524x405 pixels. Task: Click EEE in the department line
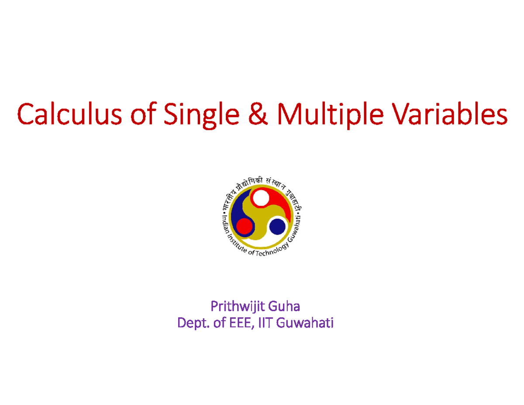click(x=238, y=324)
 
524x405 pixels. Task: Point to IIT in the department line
click(x=265, y=324)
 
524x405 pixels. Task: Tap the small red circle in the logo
click(x=244, y=226)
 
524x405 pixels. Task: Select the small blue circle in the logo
click(x=277, y=226)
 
